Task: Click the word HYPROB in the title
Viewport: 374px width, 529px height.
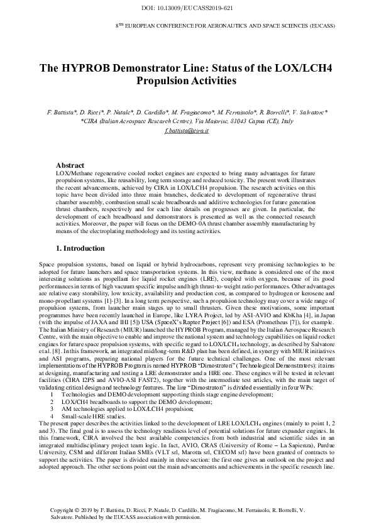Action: [87, 68]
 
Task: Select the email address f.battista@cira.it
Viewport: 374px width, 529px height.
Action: [187, 130]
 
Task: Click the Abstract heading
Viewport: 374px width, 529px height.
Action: [71, 165]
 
